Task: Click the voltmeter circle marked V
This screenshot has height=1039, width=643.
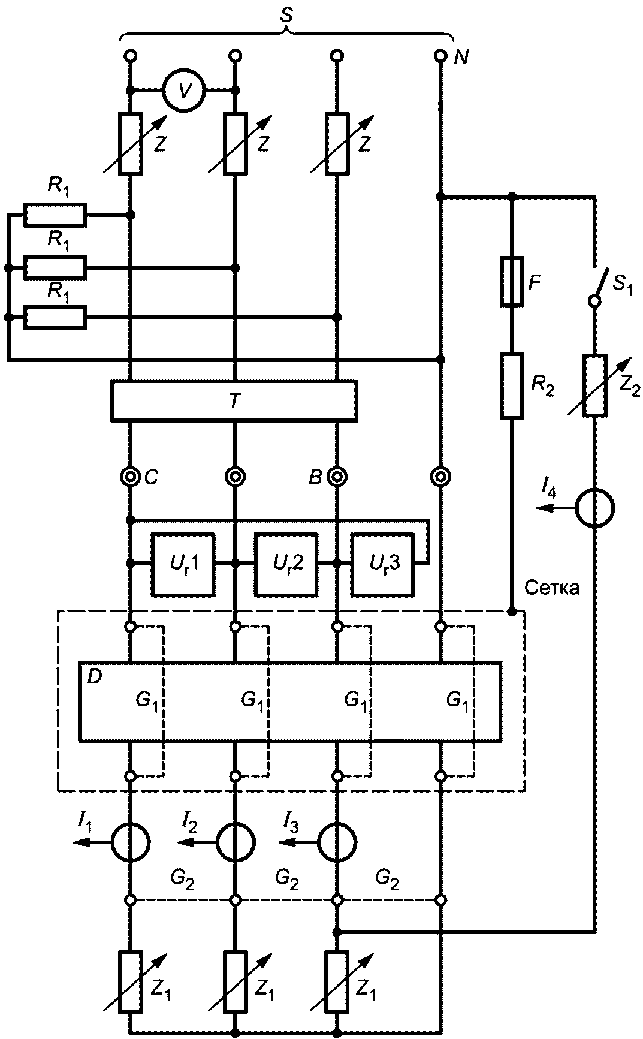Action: (x=184, y=91)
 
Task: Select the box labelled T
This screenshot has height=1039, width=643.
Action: (x=234, y=400)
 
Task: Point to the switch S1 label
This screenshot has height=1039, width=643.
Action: (x=624, y=281)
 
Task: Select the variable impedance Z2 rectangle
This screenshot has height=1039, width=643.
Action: (x=594, y=386)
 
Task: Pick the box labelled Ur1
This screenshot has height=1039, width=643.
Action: (x=184, y=564)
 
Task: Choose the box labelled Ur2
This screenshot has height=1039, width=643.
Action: (x=286, y=564)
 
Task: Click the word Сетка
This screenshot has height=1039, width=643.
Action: (x=552, y=588)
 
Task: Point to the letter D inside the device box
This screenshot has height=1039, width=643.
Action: (x=95, y=677)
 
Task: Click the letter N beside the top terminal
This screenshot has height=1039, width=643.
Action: (x=461, y=58)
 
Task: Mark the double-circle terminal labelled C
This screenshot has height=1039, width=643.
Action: (x=129, y=477)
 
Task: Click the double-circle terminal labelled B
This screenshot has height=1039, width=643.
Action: (x=337, y=477)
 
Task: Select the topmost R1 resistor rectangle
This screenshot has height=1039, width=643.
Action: (x=55, y=215)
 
